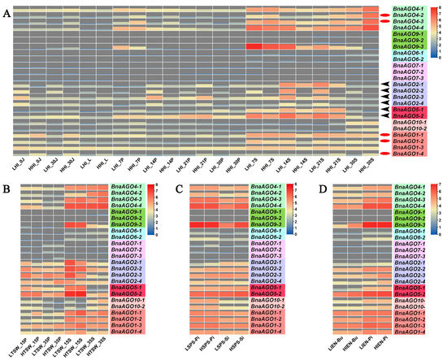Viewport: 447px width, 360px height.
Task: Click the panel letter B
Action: (7, 190)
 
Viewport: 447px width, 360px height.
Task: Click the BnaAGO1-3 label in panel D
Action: (414, 323)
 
